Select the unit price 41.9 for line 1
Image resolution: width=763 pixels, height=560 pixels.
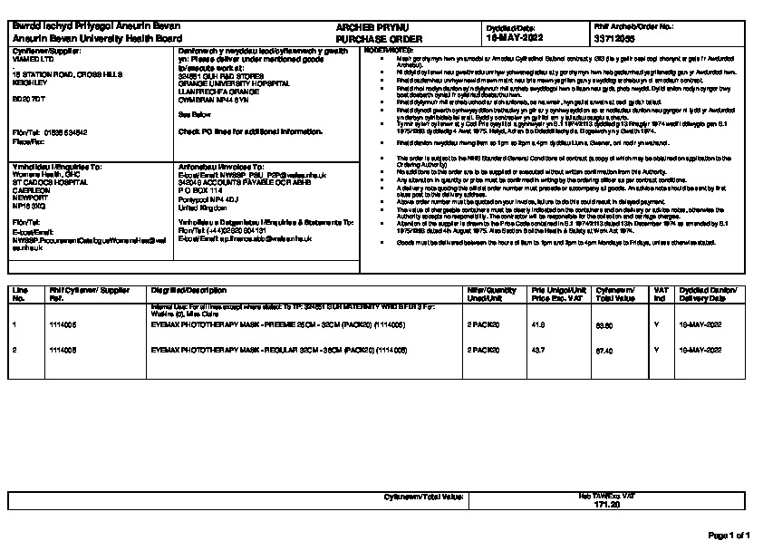(537, 323)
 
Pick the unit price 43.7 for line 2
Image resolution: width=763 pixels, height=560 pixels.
(537, 349)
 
